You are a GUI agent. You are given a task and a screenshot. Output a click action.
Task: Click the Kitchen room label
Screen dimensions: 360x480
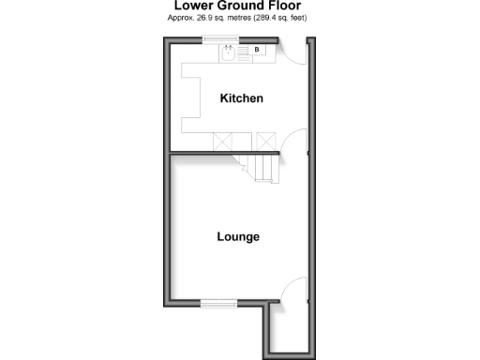241,98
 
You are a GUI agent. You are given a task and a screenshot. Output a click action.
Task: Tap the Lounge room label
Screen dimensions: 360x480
238,237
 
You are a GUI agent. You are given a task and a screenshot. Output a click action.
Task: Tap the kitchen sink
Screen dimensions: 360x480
230,52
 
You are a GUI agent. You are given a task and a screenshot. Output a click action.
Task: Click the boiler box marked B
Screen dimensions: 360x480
258,50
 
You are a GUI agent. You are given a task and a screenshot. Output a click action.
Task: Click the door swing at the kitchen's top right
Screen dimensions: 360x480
295,52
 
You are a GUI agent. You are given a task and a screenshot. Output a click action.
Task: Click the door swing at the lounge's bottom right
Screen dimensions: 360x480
294,290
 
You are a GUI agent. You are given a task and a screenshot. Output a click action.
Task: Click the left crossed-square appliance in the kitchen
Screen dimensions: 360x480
225,142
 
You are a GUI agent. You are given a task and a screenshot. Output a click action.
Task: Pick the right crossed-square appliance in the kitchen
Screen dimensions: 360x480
266,142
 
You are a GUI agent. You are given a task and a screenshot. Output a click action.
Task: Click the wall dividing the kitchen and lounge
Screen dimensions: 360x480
206,153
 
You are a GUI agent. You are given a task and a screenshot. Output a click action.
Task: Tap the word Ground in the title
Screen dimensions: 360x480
239,6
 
